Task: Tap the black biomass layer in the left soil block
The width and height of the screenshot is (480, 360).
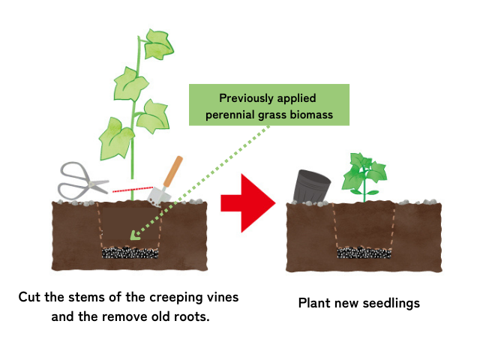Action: (x=132, y=252)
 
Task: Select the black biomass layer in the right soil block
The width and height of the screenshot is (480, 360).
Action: (x=364, y=252)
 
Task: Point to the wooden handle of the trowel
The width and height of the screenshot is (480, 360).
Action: (x=173, y=171)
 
